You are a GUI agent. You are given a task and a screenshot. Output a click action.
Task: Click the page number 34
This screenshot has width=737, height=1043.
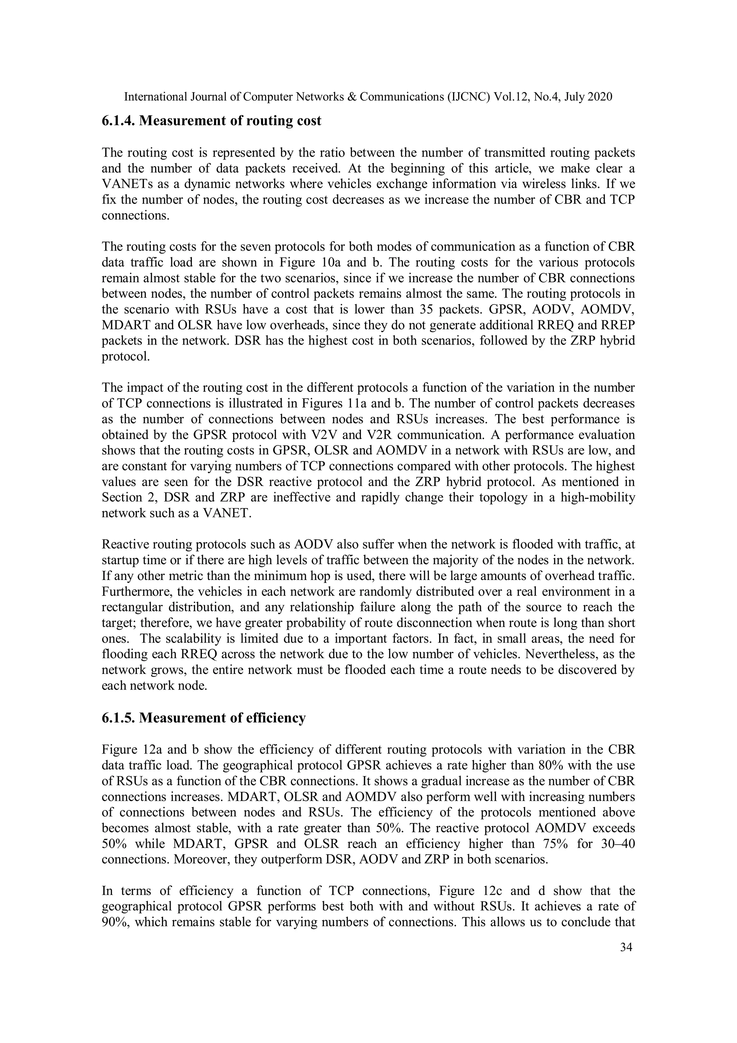[626, 947]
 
